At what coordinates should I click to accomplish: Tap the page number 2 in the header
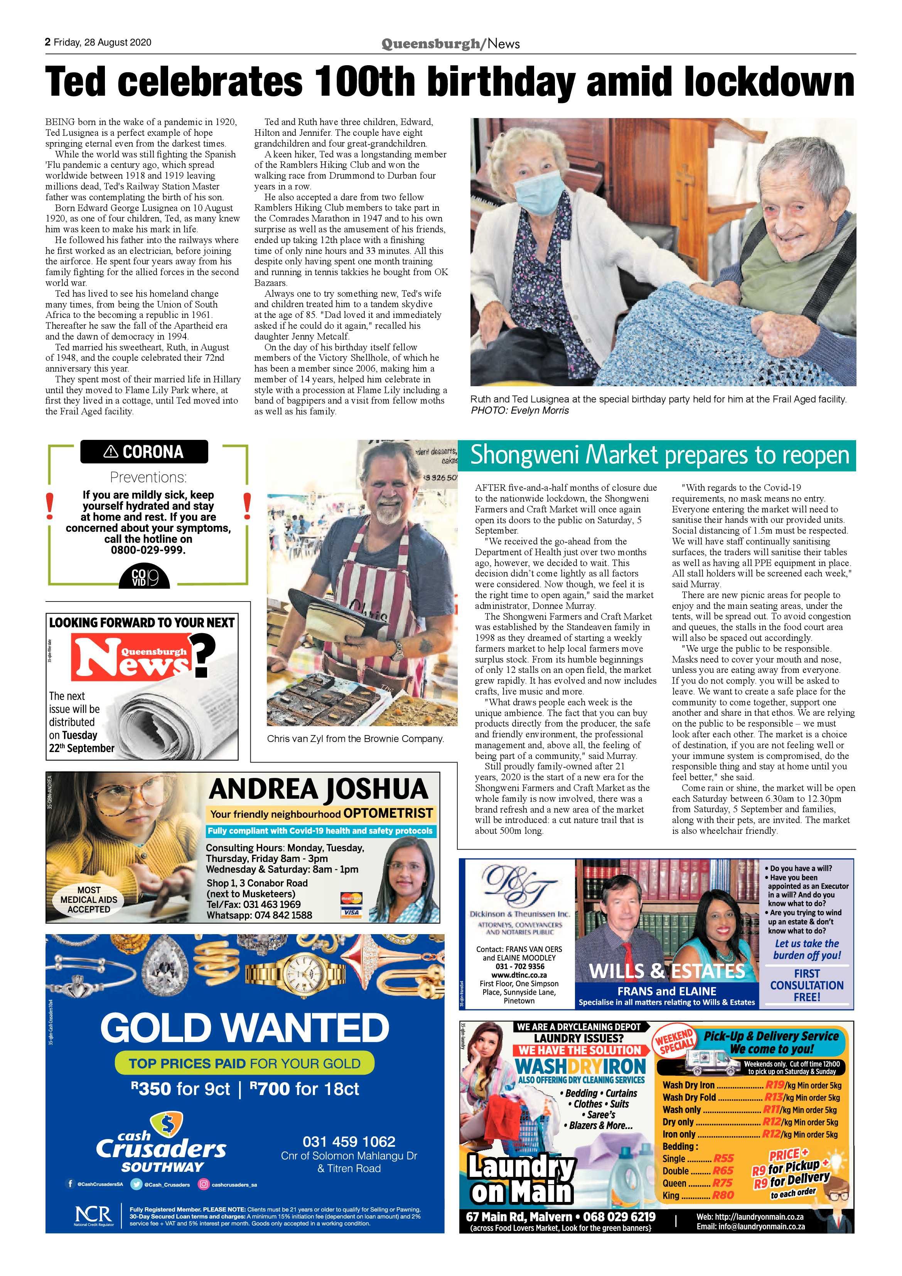pos(48,42)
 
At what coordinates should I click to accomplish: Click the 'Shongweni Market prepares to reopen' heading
pos(660,455)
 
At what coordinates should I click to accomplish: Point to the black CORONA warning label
pos(144,452)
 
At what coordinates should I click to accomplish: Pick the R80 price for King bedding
pos(723,1195)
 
